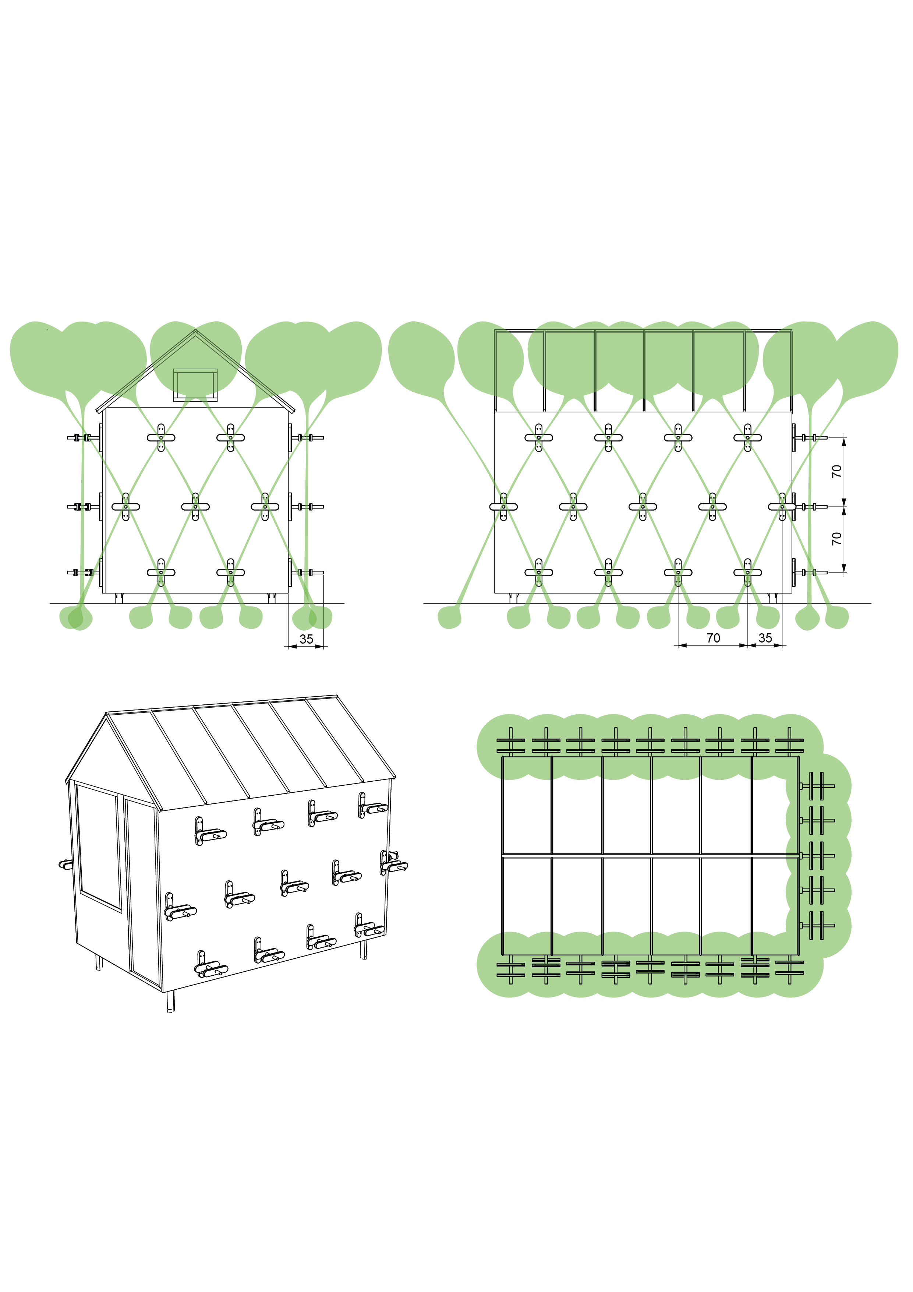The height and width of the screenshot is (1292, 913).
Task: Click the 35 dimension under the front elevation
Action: point(306,639)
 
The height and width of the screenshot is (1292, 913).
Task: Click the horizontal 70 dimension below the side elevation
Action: point(713,638)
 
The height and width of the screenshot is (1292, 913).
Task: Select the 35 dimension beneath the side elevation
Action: point(765,638)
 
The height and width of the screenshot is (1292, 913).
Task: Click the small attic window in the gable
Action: point(195,385)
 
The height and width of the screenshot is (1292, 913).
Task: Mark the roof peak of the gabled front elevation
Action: point(195,330)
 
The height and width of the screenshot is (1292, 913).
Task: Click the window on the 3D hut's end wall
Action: point(99,846)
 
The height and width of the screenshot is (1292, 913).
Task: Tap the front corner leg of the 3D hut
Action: point(170,1001)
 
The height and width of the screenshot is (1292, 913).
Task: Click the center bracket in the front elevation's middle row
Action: point(195,506)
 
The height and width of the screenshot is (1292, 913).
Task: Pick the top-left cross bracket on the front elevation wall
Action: point(161,437)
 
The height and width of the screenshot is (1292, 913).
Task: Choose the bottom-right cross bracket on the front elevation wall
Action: point(231,572)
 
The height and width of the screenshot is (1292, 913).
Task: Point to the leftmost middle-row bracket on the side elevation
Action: point(503,506)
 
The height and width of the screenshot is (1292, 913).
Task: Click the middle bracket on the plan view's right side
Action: point(818,855)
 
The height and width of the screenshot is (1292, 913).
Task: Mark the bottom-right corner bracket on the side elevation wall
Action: point(748,572)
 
